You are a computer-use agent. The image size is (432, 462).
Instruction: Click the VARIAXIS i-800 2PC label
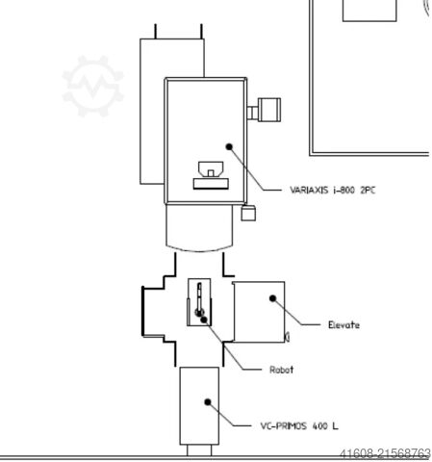(332, 190)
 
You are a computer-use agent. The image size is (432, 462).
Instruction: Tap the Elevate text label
(343, 325)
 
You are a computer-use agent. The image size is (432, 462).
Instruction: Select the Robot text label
(281, 370)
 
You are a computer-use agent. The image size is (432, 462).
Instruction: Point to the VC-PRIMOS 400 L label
(299, 425)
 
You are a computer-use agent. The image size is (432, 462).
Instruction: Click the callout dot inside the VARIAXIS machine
(229, 146)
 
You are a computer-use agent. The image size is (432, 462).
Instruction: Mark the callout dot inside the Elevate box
(272, 298)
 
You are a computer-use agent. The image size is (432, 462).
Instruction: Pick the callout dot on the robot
(204, 320)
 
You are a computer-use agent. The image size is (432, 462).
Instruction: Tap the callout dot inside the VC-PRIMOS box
(208, 401)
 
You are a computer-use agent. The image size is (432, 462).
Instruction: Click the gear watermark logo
(93, 86)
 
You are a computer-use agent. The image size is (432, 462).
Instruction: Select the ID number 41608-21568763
(385, 453)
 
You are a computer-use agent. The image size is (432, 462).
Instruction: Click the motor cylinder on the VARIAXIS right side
(269, 110)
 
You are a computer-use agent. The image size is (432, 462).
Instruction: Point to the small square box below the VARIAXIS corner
(248, 213)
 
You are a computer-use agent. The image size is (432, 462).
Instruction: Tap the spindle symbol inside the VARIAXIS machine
(211, 169)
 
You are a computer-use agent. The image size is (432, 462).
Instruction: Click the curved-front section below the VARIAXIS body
(199, 227)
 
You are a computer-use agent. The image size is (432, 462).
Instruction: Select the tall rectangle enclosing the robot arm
(199, 302)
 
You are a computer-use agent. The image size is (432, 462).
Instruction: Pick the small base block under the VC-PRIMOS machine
(199, 450)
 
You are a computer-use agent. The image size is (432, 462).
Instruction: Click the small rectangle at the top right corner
(369, 11)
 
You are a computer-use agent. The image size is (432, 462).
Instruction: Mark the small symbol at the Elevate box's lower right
(288, 337)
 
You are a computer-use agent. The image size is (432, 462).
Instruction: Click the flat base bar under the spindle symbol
(211, 184)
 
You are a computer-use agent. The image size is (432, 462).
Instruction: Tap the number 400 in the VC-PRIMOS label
(319, 426)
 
